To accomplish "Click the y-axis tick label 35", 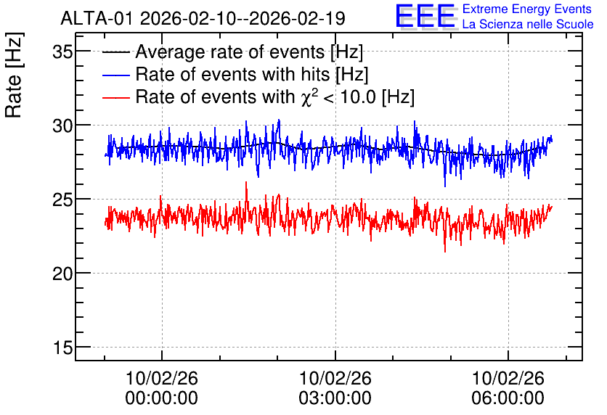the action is coord(62,52).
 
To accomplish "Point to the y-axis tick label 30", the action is coord(62,126).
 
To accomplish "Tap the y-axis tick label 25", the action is coord(62,200).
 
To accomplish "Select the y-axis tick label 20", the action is coord(62,274).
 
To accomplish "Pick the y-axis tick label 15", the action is coord(62,348).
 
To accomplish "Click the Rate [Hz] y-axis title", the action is coord(15,75).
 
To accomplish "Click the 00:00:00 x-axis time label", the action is coord(161,398).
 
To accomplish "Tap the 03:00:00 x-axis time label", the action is coord(335,398).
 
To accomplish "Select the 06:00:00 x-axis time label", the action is coord(508,398).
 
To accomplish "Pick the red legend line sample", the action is coord(115,98).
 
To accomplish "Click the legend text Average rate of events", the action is coord(230,52).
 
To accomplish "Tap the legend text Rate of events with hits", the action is coord(232,74).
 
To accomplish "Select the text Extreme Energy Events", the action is coord(527,9).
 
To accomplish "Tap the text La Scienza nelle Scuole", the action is coord(528,24).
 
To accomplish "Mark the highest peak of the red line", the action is coord(246,182).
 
